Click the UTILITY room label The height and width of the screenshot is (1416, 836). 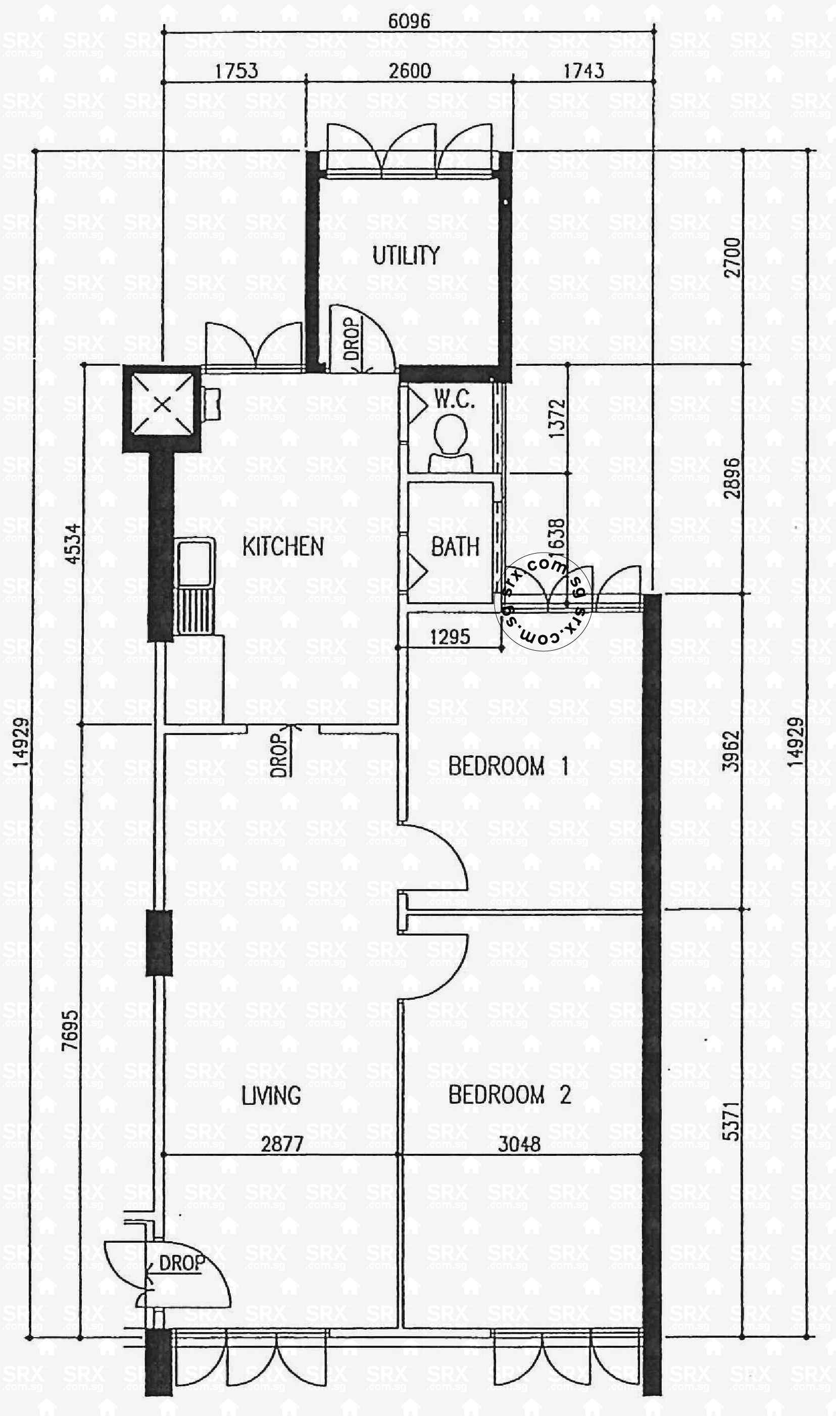click(406, 256)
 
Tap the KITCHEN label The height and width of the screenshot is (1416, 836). click(283, 547)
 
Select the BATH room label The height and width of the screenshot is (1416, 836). click(455, 547)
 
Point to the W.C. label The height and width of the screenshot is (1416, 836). click(454, 400)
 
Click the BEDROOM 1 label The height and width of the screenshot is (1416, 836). click(508, 766)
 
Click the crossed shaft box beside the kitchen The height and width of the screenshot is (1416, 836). click(162, 405)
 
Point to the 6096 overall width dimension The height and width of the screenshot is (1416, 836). click(409, 21)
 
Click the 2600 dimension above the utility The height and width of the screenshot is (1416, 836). click(410, 71)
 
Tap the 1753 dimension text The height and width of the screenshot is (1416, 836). click(236, 71)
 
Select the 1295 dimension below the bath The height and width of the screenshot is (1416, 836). click(450, 637)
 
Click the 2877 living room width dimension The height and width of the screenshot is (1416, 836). click(282, 1144)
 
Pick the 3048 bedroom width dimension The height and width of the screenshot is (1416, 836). click(519, 1144)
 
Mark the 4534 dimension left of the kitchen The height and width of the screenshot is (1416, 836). click(73, 544)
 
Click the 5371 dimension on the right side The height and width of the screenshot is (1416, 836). click(730, 1121)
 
